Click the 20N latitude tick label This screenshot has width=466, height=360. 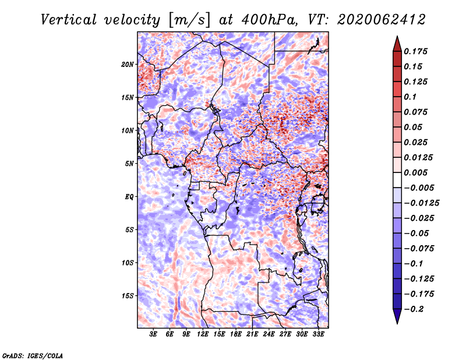pos(128,65)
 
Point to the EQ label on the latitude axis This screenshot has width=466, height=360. pos(129,197)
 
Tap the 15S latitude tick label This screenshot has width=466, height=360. pos(128,296)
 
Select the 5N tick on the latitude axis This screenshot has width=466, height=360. pos(129,164)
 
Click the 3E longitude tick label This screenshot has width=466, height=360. pos(153,334)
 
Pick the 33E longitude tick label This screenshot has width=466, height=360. pos(318,334)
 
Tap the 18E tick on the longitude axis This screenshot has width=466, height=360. pos(236,334)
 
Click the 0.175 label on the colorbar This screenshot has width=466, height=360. pos(416,51)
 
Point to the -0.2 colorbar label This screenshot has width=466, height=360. pos(414,309)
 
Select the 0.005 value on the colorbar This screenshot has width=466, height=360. pos(416,172)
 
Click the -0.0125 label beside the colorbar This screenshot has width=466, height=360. pos(421,203)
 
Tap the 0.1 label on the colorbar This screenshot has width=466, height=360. pos(410,97)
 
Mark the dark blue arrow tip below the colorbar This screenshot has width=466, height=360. pos(397,323)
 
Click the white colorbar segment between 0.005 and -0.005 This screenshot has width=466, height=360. pos(397,180)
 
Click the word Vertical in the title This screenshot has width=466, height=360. pos(69,20)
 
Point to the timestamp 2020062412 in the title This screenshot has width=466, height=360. pos(382,20)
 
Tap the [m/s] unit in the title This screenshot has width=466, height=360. pos(189,20)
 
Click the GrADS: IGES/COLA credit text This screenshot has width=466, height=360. pos(33,355)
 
